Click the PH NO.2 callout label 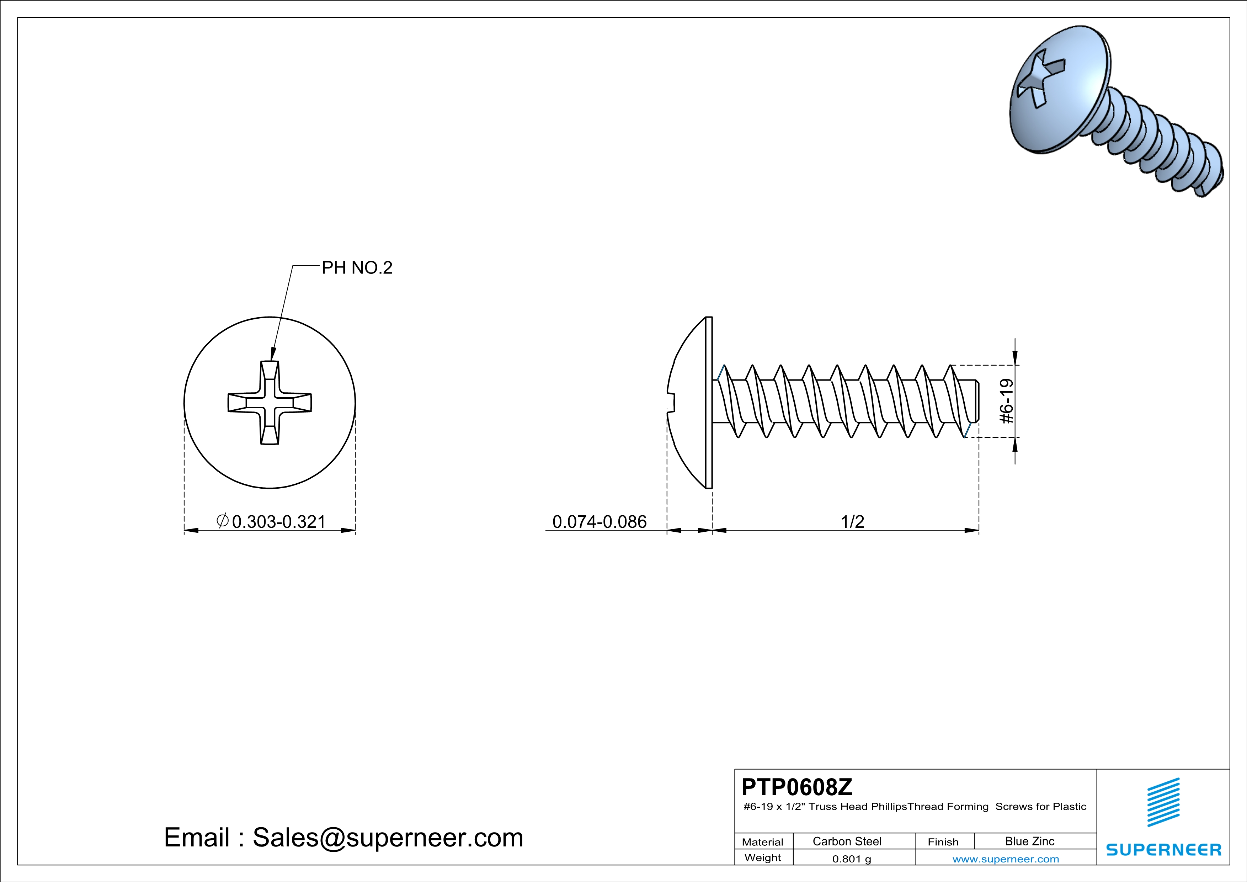(x=357, y=268)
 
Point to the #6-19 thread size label (x=1006, y=402)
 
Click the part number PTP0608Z (x=797, y=787)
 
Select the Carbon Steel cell (x=847, y=841)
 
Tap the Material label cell (x=763, y=842)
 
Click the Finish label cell (x=943, y=842)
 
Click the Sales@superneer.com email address (x=388, y=838)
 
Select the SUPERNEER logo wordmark (x=1163, y=849)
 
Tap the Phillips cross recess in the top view (x=270, y=403)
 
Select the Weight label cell (x=763, y=857)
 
